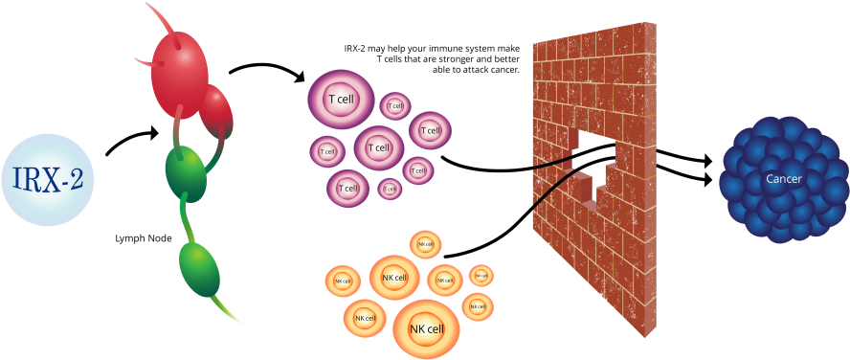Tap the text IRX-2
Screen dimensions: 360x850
pos(48,180)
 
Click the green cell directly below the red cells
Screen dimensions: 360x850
pos(186,172)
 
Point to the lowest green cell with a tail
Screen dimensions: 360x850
pos(199,269)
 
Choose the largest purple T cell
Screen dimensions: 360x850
pos(341,99)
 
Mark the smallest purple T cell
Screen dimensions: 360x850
pos(390,189)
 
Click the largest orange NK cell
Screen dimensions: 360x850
pos(426,328)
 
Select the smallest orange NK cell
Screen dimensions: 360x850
pos(481,276)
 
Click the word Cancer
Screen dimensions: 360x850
pos(784,179)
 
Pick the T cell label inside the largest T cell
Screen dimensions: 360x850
pos(341,99)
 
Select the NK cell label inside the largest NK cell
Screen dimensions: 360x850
pos(426,328)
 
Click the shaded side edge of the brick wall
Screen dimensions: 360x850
pos(650,182)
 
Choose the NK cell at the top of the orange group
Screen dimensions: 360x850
pos(425,245)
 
